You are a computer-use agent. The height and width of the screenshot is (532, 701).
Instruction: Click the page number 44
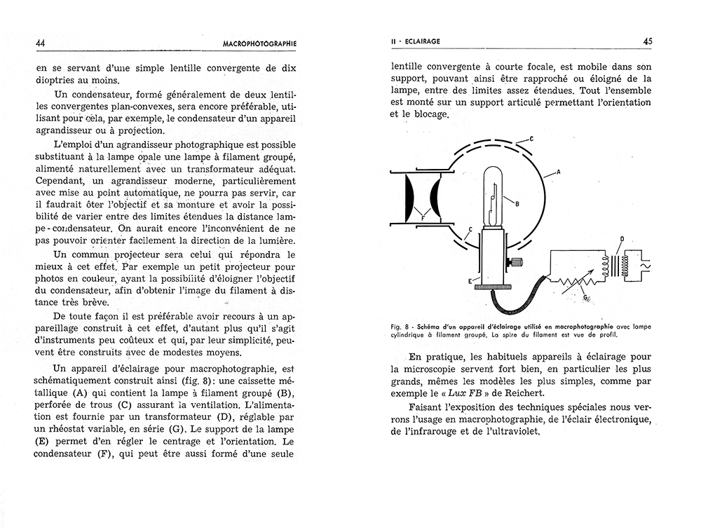40,43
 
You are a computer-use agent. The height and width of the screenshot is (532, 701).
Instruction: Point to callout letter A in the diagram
558,171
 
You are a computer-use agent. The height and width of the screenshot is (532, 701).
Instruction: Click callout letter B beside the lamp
516,205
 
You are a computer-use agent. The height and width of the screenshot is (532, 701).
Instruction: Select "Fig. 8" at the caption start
404,326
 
